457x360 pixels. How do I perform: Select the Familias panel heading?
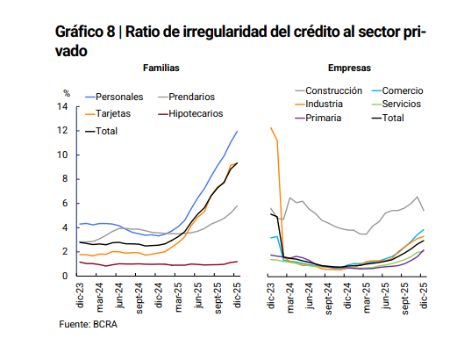[164, 68]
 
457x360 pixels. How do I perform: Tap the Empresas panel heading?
[348, 68]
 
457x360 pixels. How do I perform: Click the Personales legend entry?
[119, 96]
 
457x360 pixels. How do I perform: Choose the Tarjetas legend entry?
[115, 113]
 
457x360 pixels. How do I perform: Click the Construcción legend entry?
[333, 90]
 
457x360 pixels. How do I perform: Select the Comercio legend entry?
[404, 90]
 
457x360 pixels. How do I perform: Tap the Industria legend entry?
[325, 104]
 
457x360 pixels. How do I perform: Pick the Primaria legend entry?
[324, 118]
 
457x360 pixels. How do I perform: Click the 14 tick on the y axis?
[62, 106]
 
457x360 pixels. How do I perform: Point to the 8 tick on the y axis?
[65, 179]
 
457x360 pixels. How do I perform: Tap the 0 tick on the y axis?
[65, 276]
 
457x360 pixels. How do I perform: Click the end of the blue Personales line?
[237, 132]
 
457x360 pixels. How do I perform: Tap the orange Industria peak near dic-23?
[271, 128]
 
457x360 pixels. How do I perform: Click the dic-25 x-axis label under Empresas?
[425, 294]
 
